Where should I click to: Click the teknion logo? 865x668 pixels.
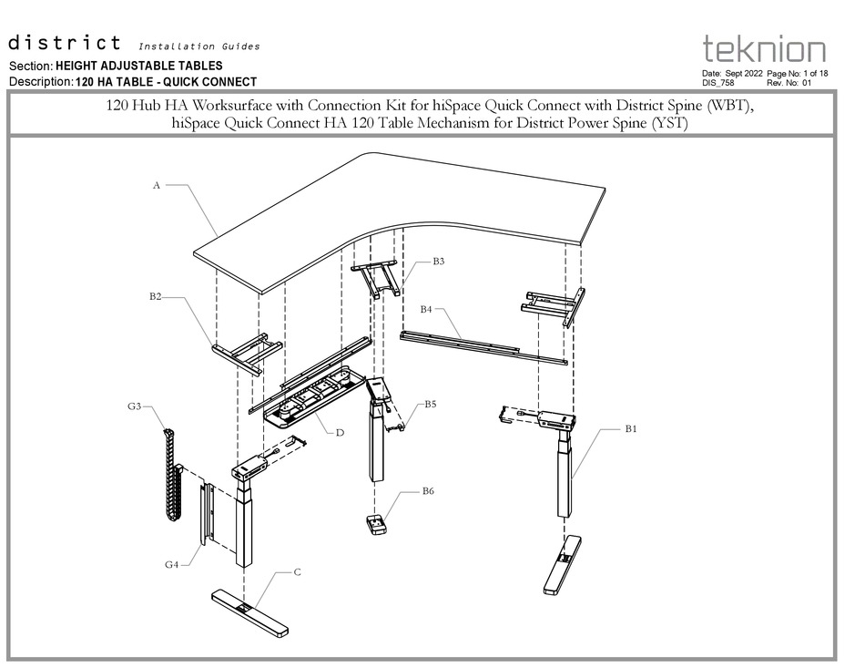click(x=764, y=49)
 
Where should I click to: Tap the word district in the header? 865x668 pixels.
click(x=65, y=43)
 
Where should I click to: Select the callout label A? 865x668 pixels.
click(x=157, y=185)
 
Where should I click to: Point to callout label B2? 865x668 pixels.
click(x=156, y=297)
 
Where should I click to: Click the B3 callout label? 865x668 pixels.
click(x=438, y=262)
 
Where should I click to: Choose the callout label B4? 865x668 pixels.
click(x=426, y=309)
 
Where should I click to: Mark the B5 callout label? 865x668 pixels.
click(x=430, y=403)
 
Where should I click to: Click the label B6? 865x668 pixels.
click(x=428, y=491)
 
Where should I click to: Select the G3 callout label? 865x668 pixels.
click(x=134, y=406)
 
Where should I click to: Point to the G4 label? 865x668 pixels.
click(x=171, y=564)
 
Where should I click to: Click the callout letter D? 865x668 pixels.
click(x=340, y=432)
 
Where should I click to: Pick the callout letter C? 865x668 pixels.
click(x=297, y=572)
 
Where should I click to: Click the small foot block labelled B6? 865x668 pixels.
click(x=376, y=525)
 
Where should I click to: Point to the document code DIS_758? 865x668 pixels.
click(x=718, y=82)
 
